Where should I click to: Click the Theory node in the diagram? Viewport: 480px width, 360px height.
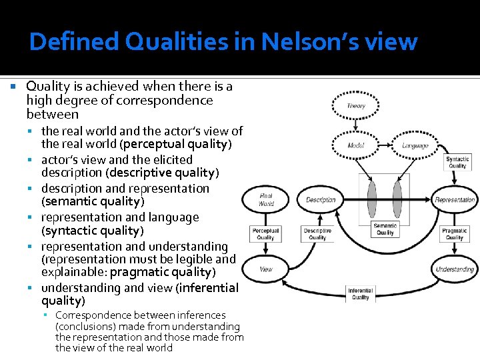tap(356, 106)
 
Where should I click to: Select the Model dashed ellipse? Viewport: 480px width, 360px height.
tap(356, 145)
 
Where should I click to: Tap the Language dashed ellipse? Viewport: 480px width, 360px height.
tap(415, 145)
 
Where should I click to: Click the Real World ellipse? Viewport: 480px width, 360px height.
tap(265, 199)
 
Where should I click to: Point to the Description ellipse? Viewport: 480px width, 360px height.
tap(321, 199)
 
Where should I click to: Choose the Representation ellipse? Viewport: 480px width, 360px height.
tap(455, 199)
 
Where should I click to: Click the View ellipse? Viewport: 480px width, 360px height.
tap(265, 269)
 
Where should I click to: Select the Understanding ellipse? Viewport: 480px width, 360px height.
tap(455, 269)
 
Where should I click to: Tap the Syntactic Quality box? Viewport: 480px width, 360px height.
tap(457, 162)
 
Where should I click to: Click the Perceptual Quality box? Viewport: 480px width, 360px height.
tap(265, 233)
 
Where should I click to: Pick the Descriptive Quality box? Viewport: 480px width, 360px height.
tap(317, 233)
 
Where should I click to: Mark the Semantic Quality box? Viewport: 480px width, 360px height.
tap(385, 229)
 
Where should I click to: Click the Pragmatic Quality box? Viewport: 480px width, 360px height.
tap(454, 233)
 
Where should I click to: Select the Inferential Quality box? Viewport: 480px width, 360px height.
tap(359, 294)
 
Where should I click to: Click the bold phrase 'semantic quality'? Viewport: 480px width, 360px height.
tap(93, 201)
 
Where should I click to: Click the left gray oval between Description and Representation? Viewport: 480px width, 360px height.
tap(372, 199)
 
